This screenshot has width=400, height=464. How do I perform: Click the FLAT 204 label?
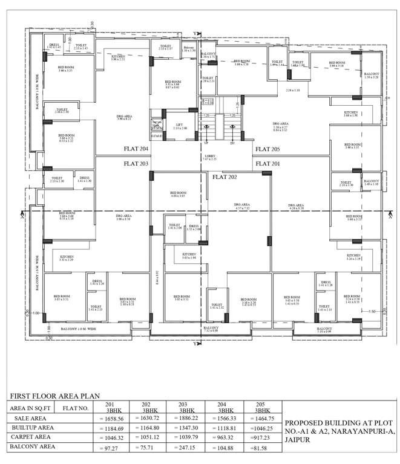click(x=136, y=149)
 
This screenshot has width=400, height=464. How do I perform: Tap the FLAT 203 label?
click(x=136, y=163)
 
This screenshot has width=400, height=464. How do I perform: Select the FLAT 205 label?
click(x=267, y=149)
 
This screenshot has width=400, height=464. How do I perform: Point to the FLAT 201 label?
click(x=267, y=163)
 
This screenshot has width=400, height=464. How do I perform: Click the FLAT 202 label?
click(x=225, y=177)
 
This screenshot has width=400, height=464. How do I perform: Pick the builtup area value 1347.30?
click(x=186, y=428)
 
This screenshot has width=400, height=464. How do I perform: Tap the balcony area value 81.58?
click(x=261, y=448)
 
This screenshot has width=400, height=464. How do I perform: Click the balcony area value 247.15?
click(x=186, y=448)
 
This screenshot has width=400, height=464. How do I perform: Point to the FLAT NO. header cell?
click(x=77, y=408)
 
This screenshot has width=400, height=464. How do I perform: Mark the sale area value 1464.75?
click(x=262, y=418)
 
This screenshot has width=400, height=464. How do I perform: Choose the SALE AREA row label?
click(x=27, y=417)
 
